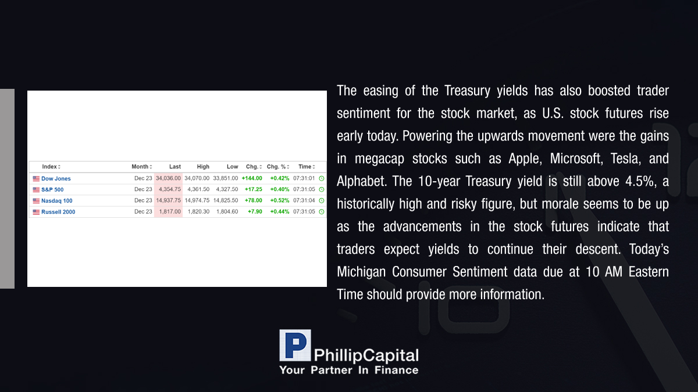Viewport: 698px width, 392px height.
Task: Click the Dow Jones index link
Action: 56,179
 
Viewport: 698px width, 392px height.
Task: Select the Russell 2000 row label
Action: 58,212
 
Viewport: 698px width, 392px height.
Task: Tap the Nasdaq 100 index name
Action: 57,201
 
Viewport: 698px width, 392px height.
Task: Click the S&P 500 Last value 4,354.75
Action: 169,189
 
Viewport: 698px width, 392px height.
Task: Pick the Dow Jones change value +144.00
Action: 252,178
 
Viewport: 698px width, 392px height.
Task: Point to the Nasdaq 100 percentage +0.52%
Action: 280,200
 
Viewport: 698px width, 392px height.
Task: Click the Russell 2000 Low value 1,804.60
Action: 227,211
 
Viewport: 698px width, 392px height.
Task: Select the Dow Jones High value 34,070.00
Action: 197,178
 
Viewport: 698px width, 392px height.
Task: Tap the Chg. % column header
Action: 278,167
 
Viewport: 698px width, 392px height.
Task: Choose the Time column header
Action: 307,167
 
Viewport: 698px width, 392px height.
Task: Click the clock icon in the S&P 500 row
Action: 322,189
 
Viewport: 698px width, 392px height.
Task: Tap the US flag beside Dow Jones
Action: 36,179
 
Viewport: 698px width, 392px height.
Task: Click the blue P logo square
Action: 295,346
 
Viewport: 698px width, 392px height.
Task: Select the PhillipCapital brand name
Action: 366,355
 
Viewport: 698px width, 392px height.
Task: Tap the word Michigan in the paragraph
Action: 361,272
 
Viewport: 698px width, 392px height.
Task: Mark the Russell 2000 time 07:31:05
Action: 304,211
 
